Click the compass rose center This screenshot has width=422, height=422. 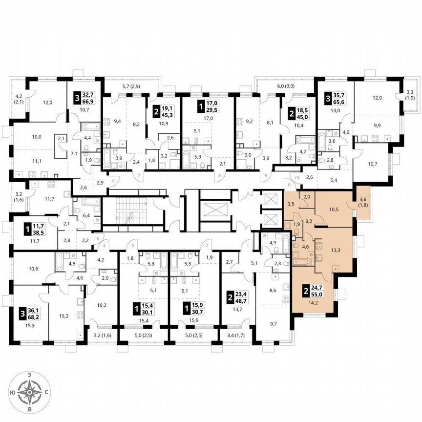click(x=30, y=392)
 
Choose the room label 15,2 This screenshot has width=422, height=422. click(x=64, y=301)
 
